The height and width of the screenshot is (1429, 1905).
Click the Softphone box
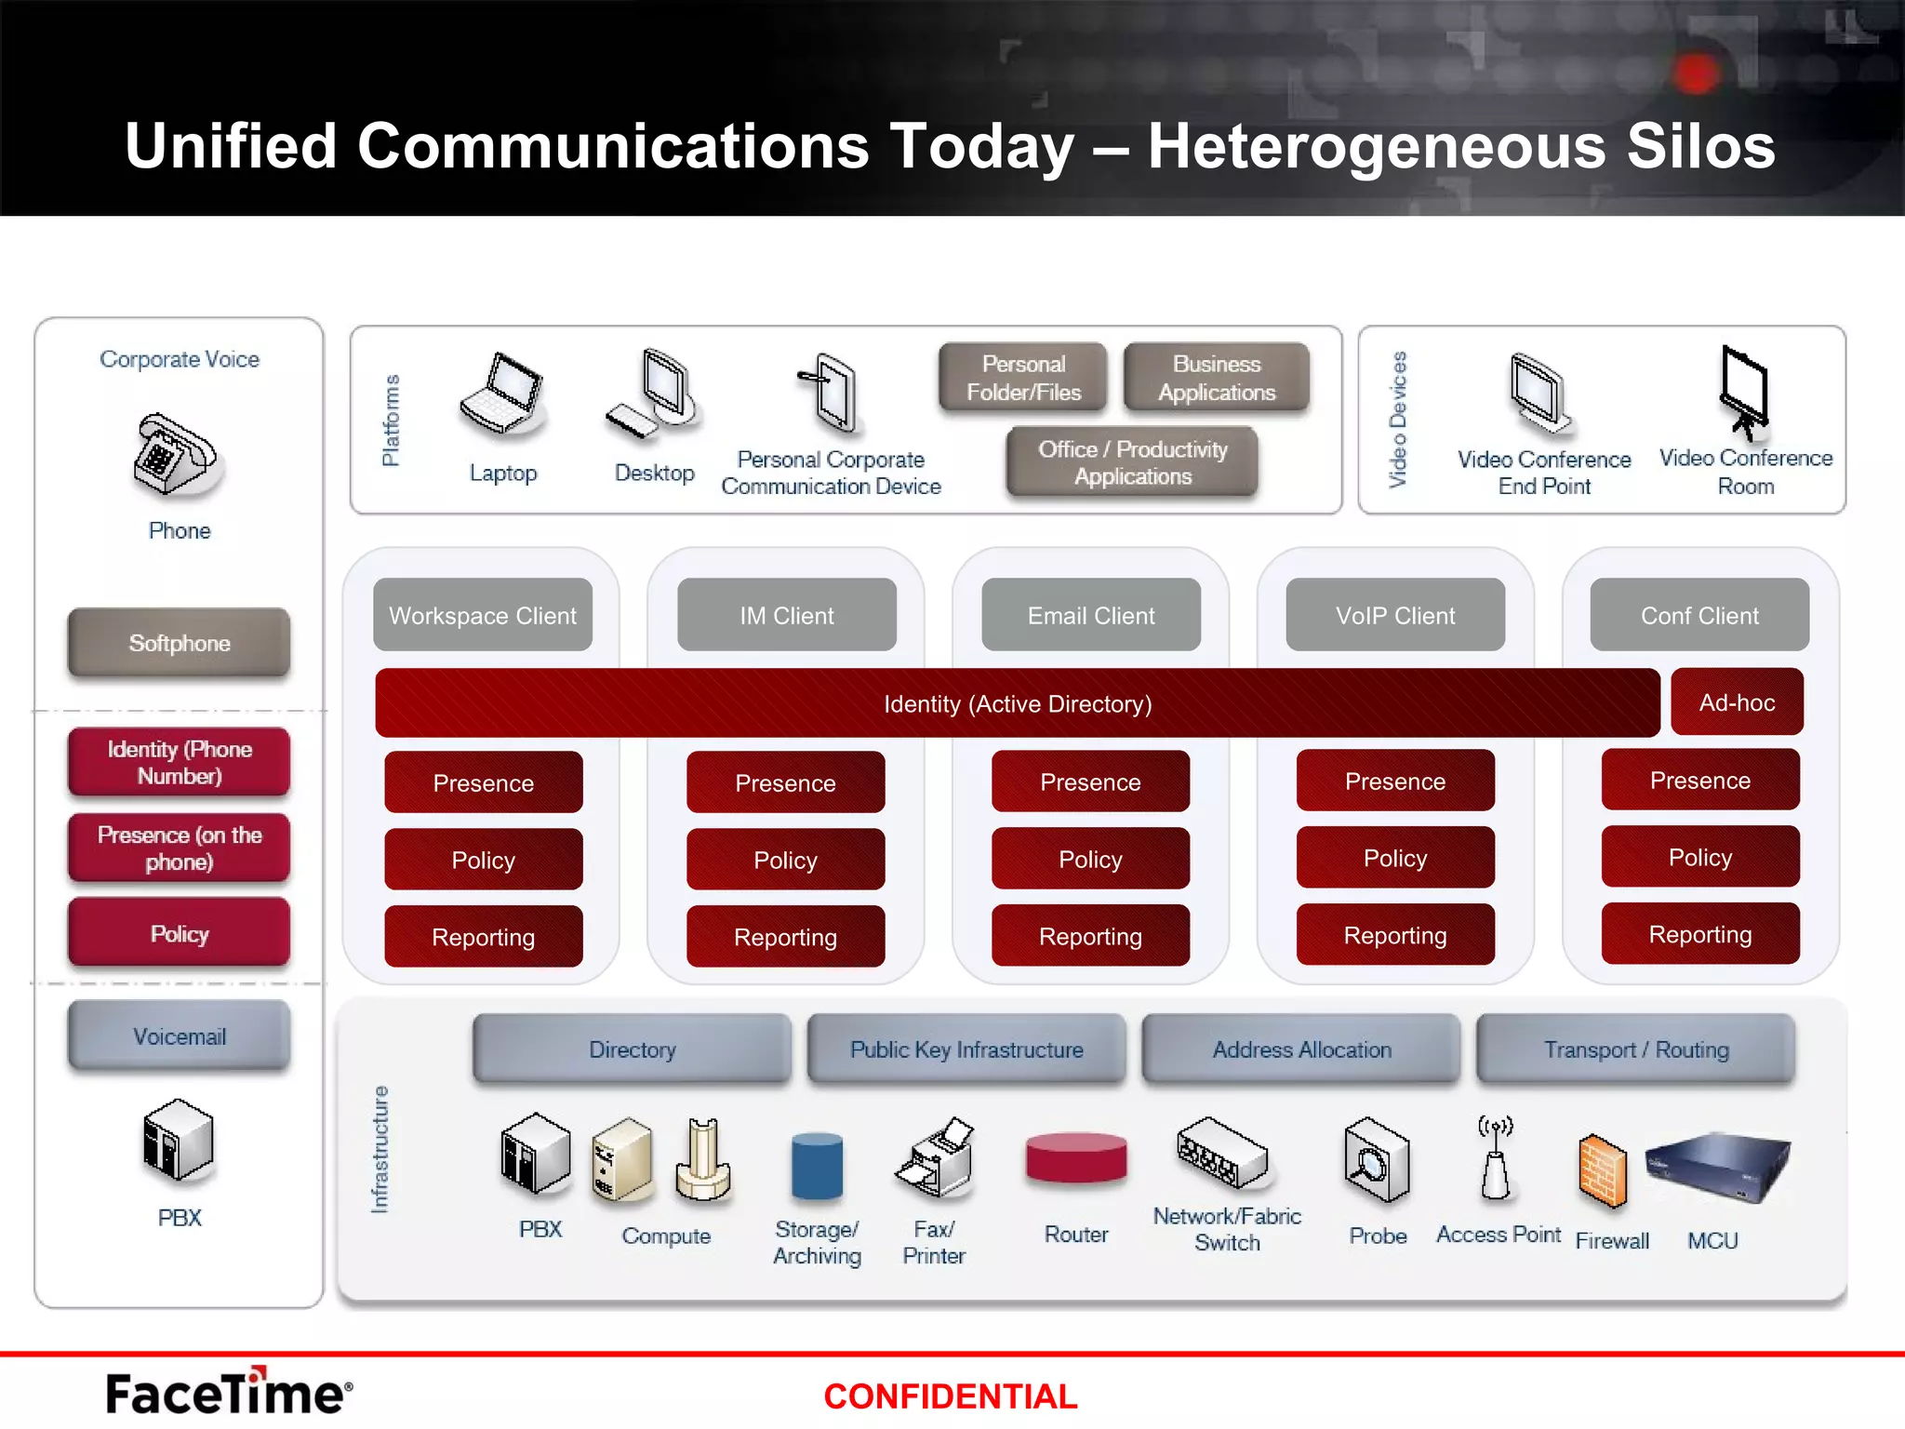coord(179,643)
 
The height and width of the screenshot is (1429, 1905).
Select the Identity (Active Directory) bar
coord(1017,703)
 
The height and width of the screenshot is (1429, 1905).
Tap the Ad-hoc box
coord(1737,702)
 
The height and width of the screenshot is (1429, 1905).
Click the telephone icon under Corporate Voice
coord(175,455)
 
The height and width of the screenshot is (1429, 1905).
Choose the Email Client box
coord(1090,615)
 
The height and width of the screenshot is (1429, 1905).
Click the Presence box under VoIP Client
coord(1394,781)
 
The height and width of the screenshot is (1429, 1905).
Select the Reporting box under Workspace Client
coord(483,937)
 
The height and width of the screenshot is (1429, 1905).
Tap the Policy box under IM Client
coord(785,860)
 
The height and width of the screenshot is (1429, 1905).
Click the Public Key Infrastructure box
coord(966,1049)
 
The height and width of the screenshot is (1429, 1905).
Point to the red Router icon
coord(1076,1159)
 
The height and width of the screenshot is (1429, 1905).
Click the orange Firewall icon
coord(1603,1170)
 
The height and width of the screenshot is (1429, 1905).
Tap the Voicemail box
coord(179,1036)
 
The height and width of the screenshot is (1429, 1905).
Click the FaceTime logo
coord(229,1393)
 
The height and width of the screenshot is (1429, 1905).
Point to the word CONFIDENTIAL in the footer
coord(950,1396)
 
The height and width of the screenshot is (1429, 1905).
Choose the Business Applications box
coord(1216,378)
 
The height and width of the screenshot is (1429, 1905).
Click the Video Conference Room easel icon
coord(1743,391)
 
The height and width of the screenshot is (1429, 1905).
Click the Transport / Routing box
coord(1635,1049)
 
